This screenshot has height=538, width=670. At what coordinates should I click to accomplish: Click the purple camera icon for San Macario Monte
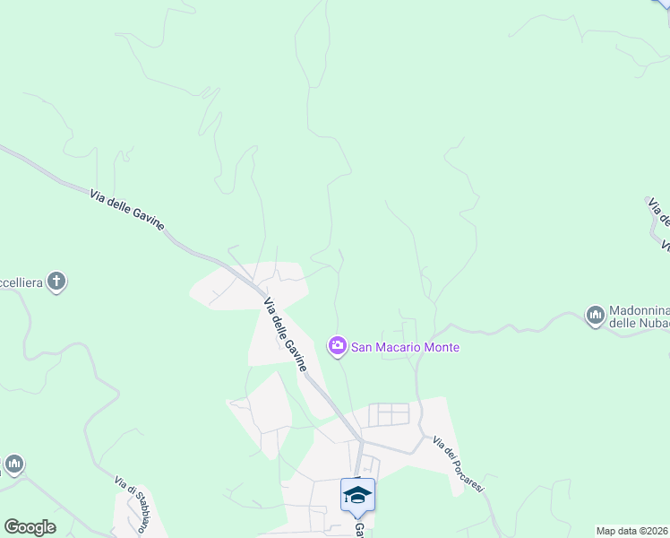(x=337, y=346)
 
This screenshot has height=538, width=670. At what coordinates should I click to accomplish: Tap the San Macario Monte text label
(x=404, y=347)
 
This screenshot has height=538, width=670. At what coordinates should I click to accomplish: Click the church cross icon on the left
(x=56, y=282)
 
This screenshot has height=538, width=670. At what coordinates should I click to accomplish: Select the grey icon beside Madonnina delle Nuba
(x=595, y=315)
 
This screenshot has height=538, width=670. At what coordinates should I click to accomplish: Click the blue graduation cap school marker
(x=357, y=494)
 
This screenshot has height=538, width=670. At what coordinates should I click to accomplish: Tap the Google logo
(x=30, y=527)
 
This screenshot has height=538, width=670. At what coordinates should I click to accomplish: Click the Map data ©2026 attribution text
(x=632, y=531)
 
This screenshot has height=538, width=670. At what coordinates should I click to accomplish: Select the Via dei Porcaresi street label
(x=458, y=464)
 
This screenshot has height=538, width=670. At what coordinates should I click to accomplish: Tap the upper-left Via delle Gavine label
(x=127, y=210)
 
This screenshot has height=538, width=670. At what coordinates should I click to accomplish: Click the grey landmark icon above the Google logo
(x=13, y=464)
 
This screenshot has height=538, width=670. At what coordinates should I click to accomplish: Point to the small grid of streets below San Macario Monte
(x=389, y=414)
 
